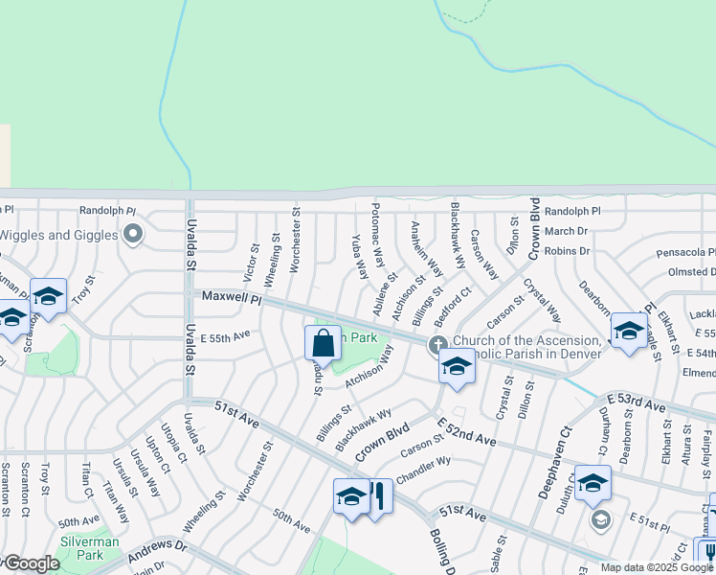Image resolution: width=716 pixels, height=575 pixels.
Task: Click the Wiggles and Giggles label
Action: pos(57,234)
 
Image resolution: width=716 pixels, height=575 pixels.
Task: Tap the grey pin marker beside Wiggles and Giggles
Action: pos(133,234)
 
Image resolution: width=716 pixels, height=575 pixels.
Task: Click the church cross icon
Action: pos(437,344)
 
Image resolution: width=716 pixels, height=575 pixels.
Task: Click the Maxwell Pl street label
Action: pos(231,298)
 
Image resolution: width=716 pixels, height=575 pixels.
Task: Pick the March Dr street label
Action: pos(566,231)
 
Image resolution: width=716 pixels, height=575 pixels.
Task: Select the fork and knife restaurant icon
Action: pos(378,496)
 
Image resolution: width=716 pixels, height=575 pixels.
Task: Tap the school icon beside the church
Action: pos(457,367)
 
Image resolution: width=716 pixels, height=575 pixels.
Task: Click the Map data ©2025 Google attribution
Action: pos(657,567)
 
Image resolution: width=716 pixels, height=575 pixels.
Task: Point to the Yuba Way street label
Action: pos(359,256)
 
